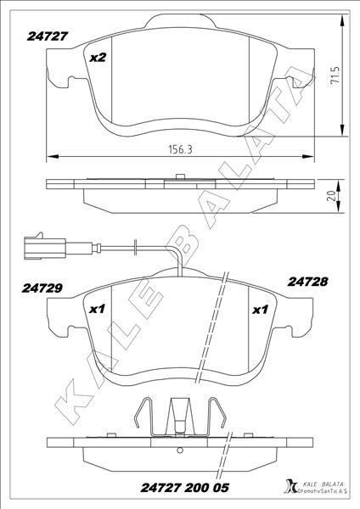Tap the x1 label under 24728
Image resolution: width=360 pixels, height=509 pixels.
(x=261, y=310)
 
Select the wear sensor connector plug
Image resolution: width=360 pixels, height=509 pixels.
(x=39, y=247)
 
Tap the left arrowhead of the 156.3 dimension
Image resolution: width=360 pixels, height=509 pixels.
(x=50, y=155)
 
